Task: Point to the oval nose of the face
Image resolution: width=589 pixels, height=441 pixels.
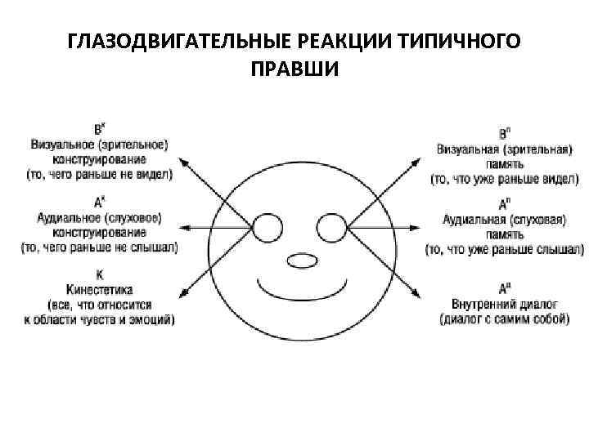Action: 299,261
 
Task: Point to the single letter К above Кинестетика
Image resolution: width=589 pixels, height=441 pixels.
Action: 98,276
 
